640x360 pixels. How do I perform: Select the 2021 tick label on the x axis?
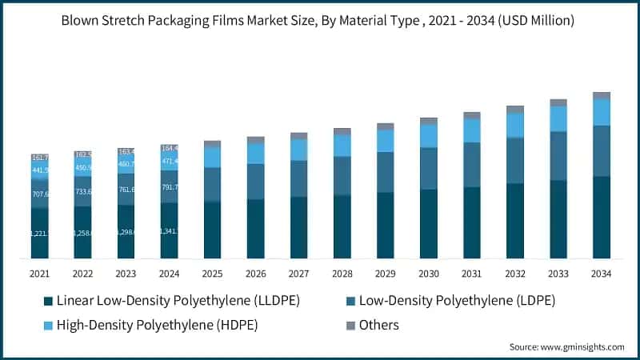pyautogui.click(x=40, y=274)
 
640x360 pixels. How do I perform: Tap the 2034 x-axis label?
pyautogui.click(x=601, y=274)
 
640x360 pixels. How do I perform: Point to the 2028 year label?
pyautogui.click(x=342, y=274)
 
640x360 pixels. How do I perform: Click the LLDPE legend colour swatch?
pyautogui.click(x=48, y=301)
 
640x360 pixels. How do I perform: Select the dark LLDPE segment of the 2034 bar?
pyautogui.click(x=601, y=217)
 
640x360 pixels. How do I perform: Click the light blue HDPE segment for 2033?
pyautogui.click(x=558, y=118)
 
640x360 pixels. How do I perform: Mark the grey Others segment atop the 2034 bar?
pyautogui.click(x=601, y=95)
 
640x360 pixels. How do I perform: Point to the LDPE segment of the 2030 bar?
pyautogui.click(x=429, y=168)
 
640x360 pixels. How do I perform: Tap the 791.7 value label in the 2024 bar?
pyautogui.click(x=170, y=187)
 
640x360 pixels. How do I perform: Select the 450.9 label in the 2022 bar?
pyautogui.click(x=83, y=168)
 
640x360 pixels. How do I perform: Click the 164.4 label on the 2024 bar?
pyautogui.click(x=170, y=148)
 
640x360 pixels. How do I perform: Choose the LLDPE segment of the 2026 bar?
pyautogui.click(x=255, y=229)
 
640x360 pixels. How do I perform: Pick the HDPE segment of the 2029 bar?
pyautogui.click(x=385, y=140)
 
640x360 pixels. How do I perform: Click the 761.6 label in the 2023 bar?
pyautogui.click(x=126, y=190)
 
